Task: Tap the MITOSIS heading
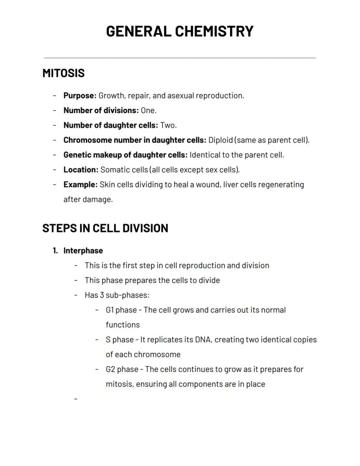click(63, 73)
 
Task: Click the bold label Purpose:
click(80, 96)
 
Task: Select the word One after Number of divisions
click(148, 111)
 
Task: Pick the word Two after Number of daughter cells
click(168, 125)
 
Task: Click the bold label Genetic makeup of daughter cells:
click(125, 155)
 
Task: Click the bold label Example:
click(80, 184)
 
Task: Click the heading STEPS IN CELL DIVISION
click(105, 228)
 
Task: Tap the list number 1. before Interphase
click(55, 251)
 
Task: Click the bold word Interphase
click(83, 251)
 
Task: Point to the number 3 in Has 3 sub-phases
click(102, 295)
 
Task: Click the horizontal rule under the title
click(180, 57)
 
